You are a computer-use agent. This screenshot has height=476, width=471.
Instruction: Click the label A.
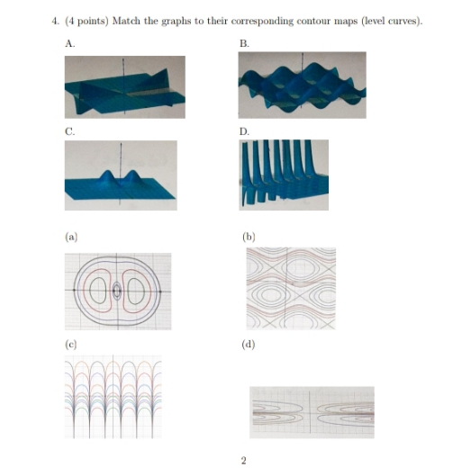click(x=70, y=42)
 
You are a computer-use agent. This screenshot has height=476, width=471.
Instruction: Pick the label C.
click(x=70, y=130)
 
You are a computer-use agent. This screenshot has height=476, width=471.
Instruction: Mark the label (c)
click(x=70, y=345)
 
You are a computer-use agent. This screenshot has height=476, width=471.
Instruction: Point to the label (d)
click(x=249, y=345)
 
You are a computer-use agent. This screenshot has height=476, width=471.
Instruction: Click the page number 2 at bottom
click(x=243, y=461)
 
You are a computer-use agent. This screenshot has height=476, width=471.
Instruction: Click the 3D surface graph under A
click(x=124, y=85)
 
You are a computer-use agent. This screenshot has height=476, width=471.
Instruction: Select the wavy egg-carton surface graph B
click(x=301, y=85)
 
